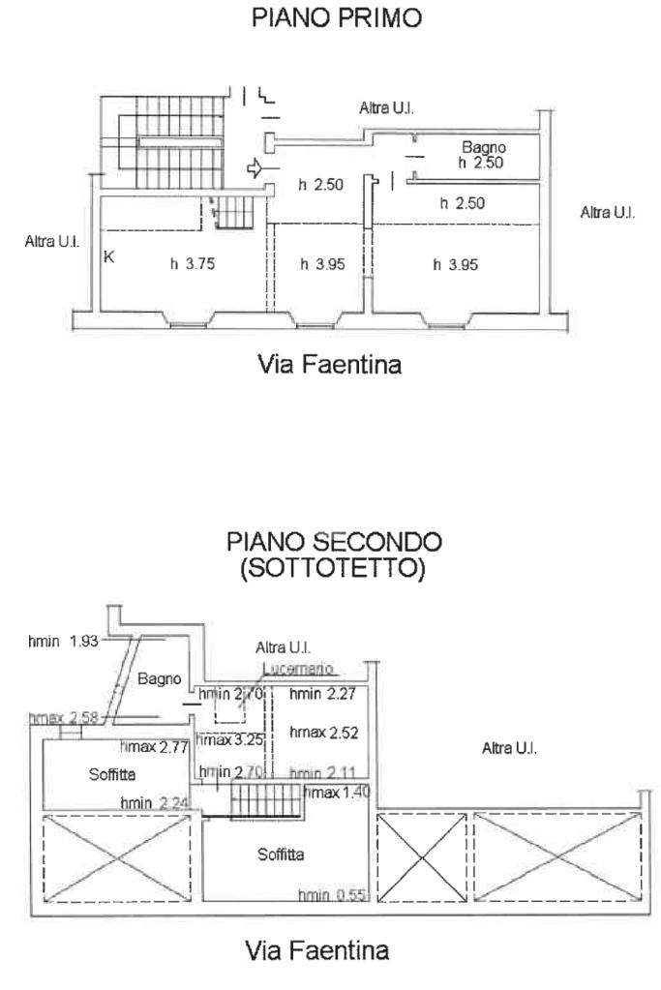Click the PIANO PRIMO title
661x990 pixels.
336,19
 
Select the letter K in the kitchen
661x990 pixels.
109,257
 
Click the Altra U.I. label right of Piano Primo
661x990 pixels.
607,212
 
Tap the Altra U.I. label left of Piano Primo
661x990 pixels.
51,241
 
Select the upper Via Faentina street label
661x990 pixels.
329,365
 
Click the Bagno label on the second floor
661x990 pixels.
159,679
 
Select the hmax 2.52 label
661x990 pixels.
324,733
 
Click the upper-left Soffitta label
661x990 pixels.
112,774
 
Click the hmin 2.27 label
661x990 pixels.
318,694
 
